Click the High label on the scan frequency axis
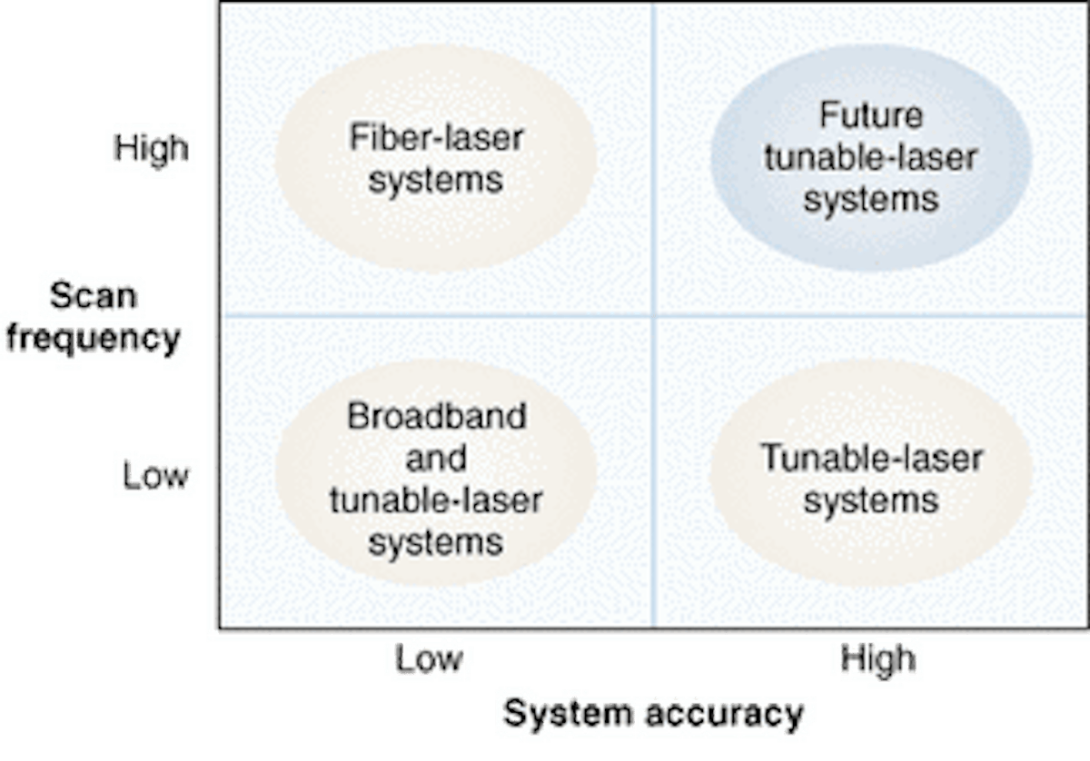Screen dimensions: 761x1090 149,148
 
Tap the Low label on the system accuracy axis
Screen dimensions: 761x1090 431,660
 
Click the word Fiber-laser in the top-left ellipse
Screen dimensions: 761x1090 436,138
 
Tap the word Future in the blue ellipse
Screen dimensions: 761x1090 870,116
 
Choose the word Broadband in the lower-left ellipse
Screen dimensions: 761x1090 436,417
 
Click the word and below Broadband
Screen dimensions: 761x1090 436,458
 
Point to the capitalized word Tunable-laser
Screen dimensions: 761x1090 870,459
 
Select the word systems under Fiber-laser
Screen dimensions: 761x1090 436,179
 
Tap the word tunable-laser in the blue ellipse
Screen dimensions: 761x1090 870,158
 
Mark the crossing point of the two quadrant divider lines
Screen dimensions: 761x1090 653,316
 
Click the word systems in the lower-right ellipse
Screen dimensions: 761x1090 870,500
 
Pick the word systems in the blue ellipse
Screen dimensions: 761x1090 870,199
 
